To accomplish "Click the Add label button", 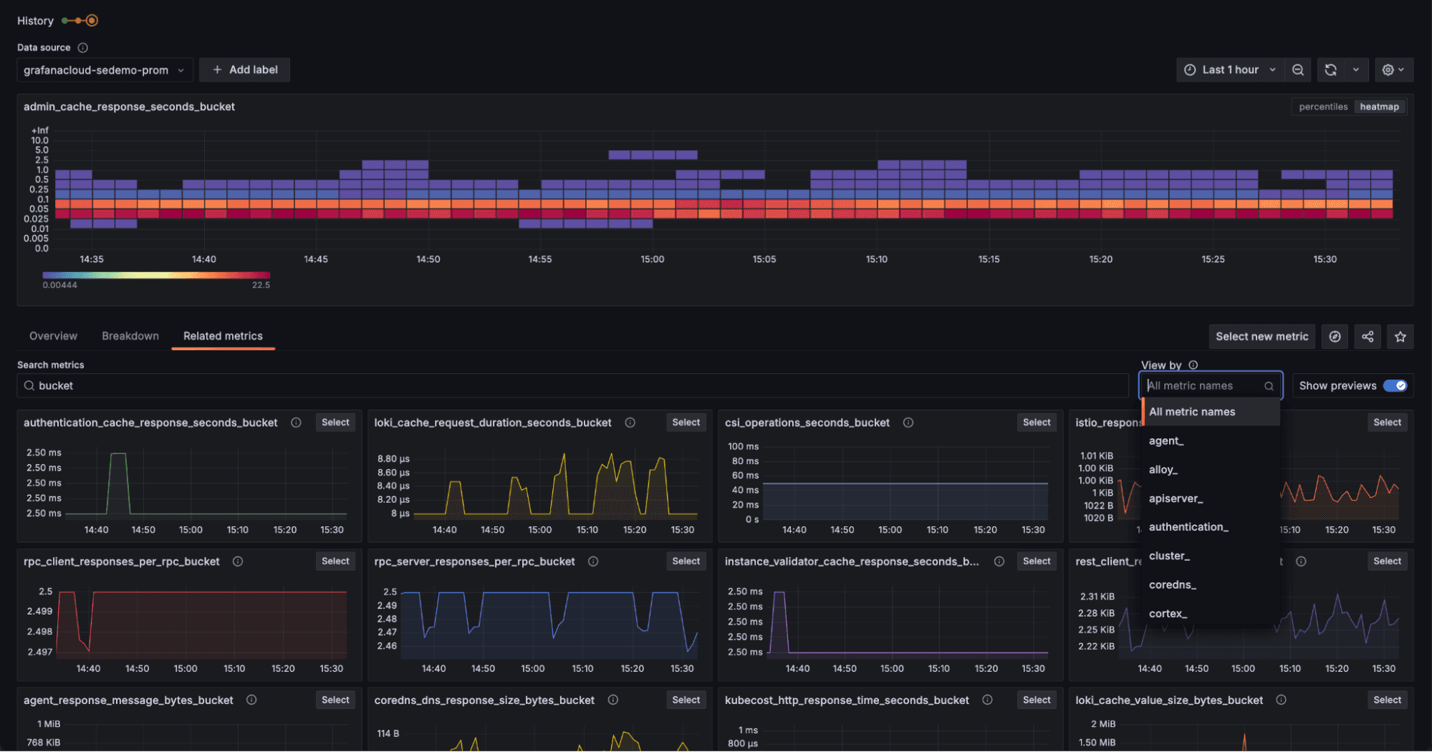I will pos(245,70).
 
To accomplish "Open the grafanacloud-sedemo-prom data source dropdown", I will pos(105,70).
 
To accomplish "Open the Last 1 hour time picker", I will pos(1229,70).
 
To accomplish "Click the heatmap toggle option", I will pos(1379,107).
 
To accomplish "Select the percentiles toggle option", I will pos(1323,107).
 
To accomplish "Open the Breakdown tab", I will pos(130,336).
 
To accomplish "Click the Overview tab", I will pos(53,336).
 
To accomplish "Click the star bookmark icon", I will pos(1400,337).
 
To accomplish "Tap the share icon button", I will pos(1368,337).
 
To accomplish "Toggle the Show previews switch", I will pos(1394,386).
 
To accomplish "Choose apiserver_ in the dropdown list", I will pos(1176,498).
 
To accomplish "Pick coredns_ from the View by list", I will pos(1172,585).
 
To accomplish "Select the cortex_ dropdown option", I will pos(1168,614).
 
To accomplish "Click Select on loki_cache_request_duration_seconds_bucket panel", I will pos(686,423).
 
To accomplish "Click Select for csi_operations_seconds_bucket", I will pos(1036,423).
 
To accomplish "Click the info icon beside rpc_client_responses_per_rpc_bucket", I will pos(238,561).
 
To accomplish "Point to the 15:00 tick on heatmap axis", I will pos(652,259).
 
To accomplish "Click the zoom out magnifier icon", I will pos(1297,70).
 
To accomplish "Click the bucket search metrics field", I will pos(573,386).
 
